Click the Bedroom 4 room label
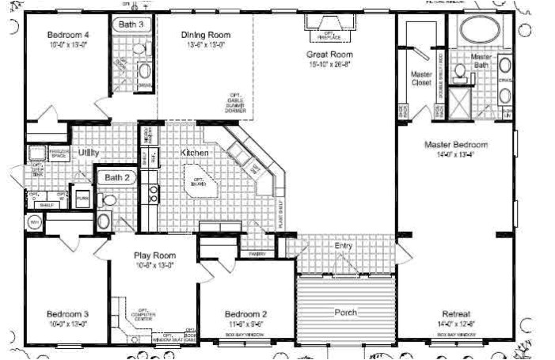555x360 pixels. pyautogui.click(x=68, y=35)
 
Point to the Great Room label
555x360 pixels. pyautogui.click(x=329, y=54)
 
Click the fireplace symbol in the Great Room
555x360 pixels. pyautogui.click(x=324, y=28)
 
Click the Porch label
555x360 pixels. pyautogui.click(x=344, y=313)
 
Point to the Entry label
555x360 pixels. pyautogui.click(x=343, y=246)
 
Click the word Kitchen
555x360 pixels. pyautogui.click(x=194, y=152)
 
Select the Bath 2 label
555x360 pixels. pyautogui.click(x=116, y=177)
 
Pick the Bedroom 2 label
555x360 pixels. pyautogui.click(x=245, y=313)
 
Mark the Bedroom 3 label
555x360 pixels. pyautogui.click(x=65, y=313)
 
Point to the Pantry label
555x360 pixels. pyautogui.click(x=256, y=254)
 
